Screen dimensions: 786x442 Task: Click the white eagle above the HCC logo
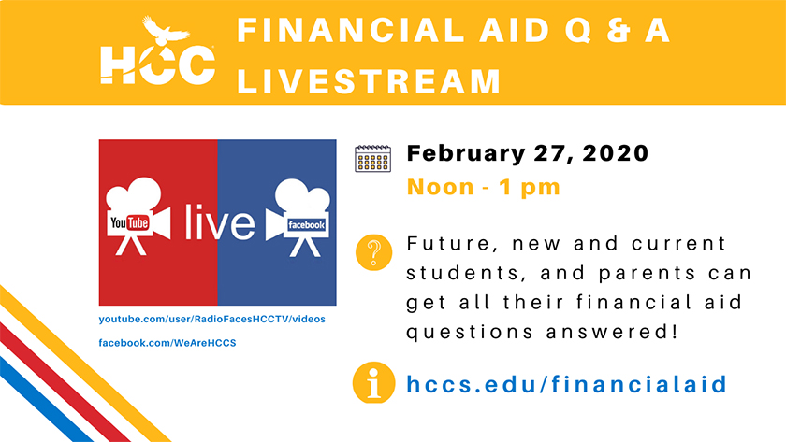pos(165,31)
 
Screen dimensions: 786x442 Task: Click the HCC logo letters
pos(157,64)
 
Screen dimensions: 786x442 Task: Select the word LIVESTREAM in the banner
pos(369,81)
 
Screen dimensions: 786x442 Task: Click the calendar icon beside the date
pos(372,158)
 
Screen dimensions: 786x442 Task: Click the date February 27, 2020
pos(528,153)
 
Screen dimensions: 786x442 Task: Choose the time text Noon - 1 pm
pos(483,187)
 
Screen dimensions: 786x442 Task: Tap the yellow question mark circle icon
pos(373,252)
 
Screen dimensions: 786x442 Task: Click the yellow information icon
pos(373,383)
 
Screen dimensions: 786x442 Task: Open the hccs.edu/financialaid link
pos(566,384)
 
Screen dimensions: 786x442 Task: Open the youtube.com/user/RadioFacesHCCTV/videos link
pos(212,319)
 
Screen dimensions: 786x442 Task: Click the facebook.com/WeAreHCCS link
pos(167,343)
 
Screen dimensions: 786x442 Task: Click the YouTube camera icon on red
pos(138,216)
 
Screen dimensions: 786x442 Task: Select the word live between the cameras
pos(220,221)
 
